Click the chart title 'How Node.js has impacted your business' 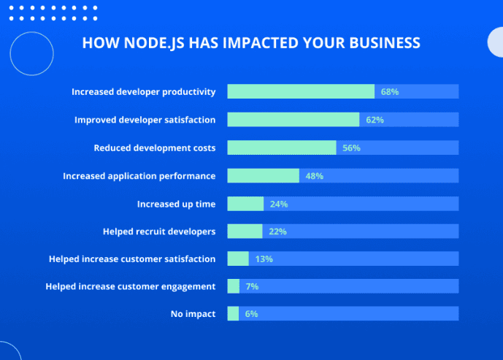click(250, 43)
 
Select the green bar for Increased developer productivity click(301, 91)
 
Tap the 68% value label click(390, 92)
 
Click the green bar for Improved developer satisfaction click(293, 120)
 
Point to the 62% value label click(375, 120)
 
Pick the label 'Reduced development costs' click(155, 148)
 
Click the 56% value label click(352, 148)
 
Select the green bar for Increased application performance click(263, 175)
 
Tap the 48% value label click(314, 176)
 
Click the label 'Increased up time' click(176, 204)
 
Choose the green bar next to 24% click(245, 204)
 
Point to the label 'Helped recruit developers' click(159, 231)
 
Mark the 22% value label click(277, 231)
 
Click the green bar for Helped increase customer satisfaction click(238, 258)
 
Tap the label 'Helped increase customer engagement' click(131, 286)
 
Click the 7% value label click(252, 286)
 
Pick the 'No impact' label click(193, 314)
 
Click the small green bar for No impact click(233, 314)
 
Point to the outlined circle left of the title click(32, 54)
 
